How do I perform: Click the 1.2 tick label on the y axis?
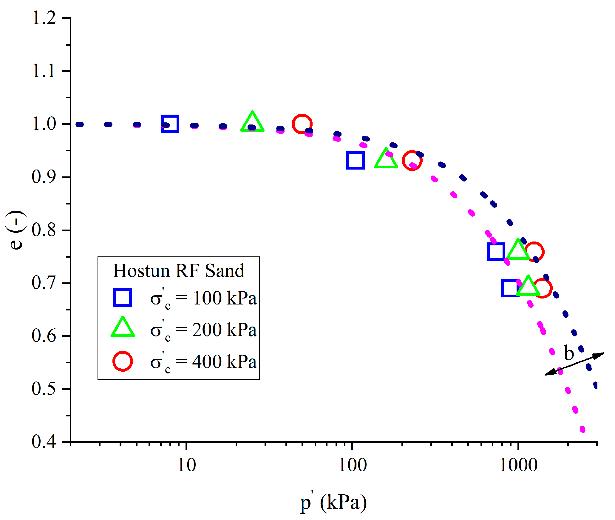point(44,18)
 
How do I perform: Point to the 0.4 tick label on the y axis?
point(44,441)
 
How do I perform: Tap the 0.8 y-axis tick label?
point(44,230)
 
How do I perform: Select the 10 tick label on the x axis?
point(187,465)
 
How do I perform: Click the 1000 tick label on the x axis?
point(518,465)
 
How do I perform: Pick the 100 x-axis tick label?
point(353,465)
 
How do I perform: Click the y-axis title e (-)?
point(16,230)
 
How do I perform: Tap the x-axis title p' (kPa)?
point(333,502)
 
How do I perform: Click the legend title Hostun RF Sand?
point(178,271)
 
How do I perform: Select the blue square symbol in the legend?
point(123,298)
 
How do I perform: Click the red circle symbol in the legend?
point(123,361)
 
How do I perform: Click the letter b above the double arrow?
point(569,353)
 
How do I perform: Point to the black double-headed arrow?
point(574,364)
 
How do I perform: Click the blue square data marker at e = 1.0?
point(170,124)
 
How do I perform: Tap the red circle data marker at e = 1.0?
point(302,124)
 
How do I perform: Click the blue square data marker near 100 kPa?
point(356,160)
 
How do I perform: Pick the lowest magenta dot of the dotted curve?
point(582,429)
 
